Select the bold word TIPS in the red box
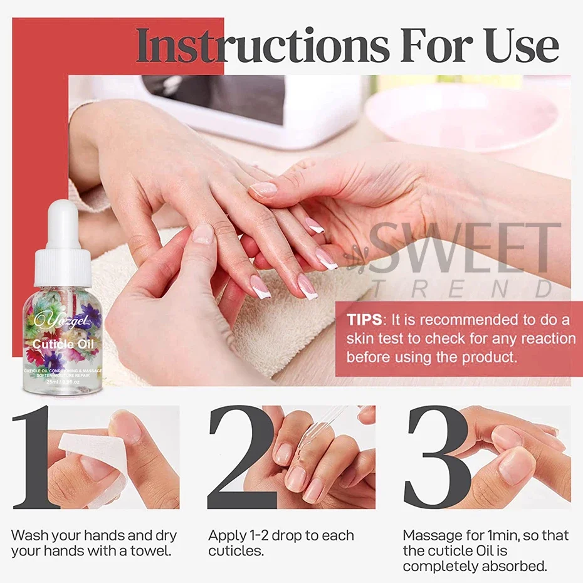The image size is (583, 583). (x=364, y=320)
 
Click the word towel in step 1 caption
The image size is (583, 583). (x=150, y=552)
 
